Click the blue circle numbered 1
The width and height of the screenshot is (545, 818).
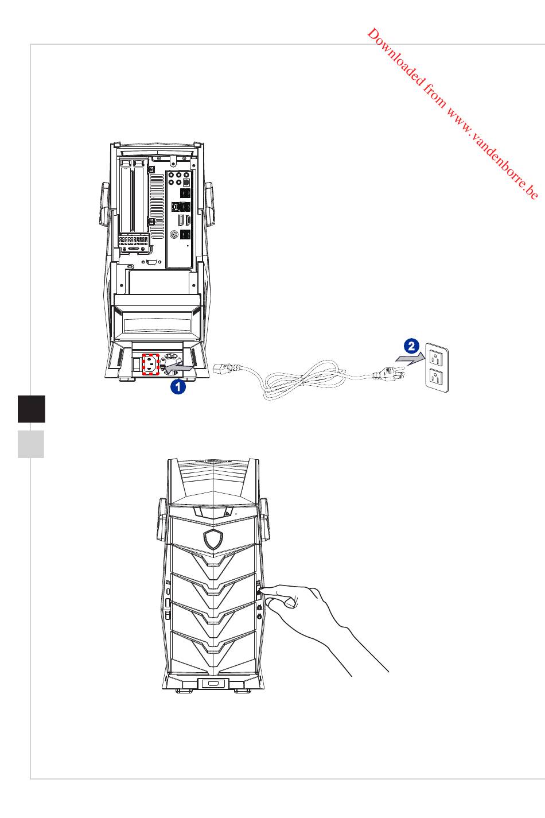click(178, 387)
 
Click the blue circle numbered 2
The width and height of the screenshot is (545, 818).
click(411, 346)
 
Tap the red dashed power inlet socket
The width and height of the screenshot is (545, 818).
click(150, 364)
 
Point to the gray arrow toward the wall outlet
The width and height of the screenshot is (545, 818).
click(410, 360)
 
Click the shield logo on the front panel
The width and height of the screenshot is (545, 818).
click(213, 538)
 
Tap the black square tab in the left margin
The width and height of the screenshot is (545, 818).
click(32, 409)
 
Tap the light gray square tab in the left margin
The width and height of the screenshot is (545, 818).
click(31, 444)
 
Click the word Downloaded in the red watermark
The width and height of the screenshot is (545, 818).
click(396, 56)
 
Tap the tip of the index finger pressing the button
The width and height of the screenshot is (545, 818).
click(263, 588)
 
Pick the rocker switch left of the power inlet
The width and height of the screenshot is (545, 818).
click(136, 365)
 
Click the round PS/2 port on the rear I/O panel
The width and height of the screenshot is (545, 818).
click(174, 234)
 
